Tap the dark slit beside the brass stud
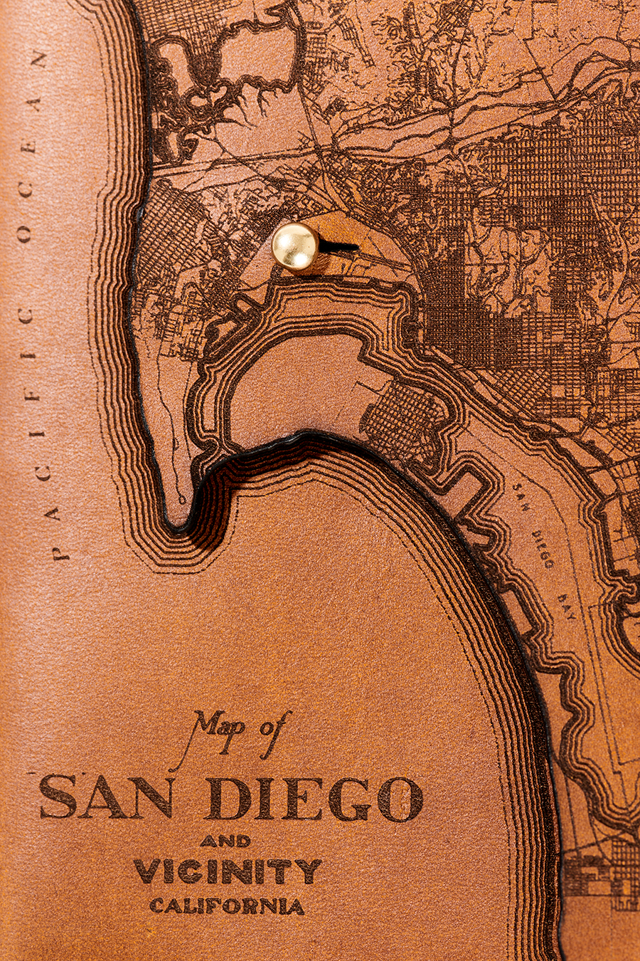point(340,247)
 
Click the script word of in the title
point(273,727)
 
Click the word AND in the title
point(225,841)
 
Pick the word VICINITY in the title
point(228,871)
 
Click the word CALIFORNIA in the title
point(227,906)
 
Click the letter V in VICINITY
point(146,871)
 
